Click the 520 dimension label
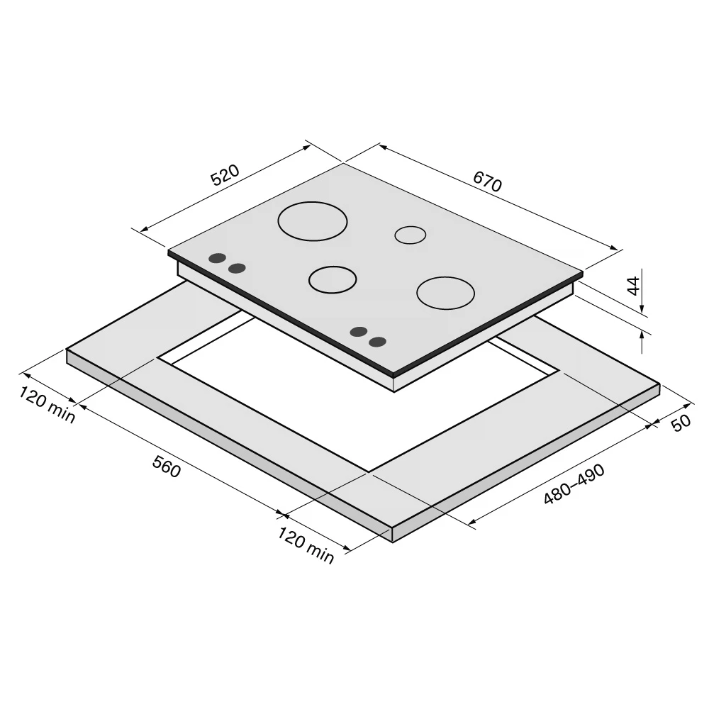pos(225,175)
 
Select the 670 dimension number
pos(488,182)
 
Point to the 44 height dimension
pos(635,285)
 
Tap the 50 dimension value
pos(681,423)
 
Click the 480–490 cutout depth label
pos(574,484)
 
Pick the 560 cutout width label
pos(167,467)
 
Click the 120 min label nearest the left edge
pos(47,404)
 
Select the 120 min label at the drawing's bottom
pos(306,545)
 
